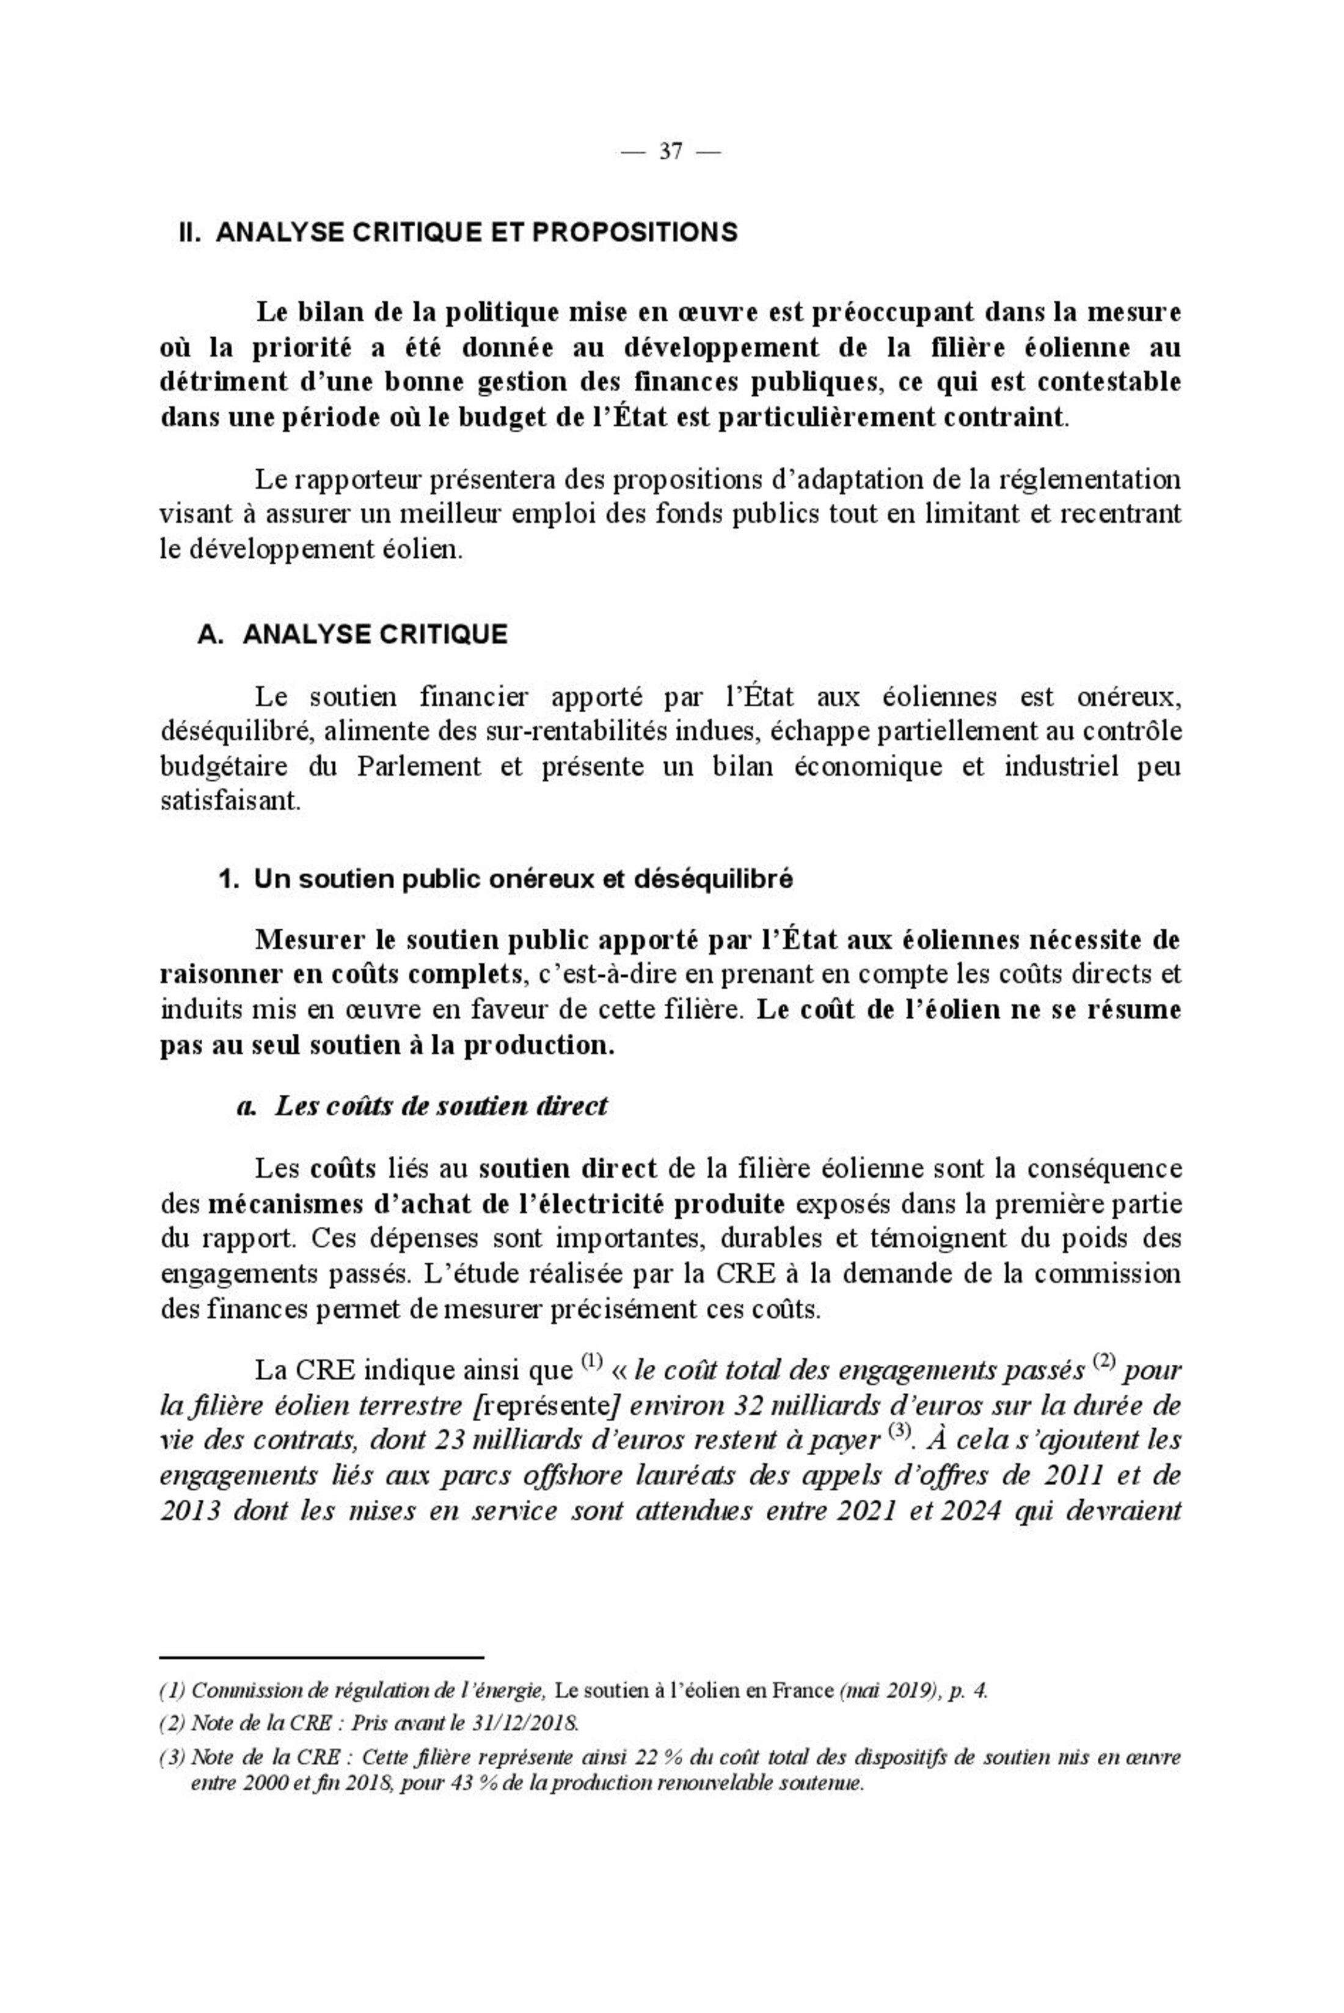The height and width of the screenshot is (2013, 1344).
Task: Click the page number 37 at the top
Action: (670, 152)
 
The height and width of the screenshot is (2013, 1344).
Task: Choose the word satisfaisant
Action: (230, 802)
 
